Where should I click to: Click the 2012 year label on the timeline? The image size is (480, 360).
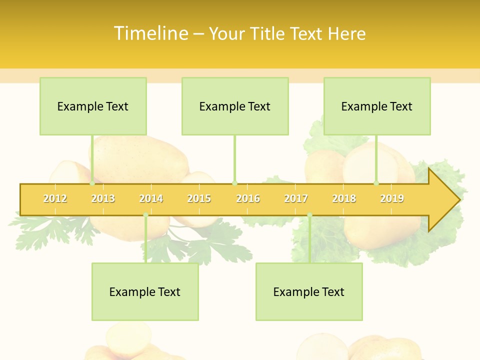(55, 198)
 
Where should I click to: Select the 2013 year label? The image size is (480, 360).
(103, 198)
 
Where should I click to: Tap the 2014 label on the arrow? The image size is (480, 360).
(151, 198)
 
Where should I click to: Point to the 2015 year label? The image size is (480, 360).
(199, 198)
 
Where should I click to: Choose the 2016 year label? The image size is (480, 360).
(248, 198)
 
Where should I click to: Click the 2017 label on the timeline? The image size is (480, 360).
(296, 198)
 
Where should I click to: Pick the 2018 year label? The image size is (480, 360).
(344, 198)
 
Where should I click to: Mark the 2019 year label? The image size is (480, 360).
(392, 198)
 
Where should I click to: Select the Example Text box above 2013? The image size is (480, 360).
(93, 106)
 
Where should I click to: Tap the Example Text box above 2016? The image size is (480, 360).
(235, 106)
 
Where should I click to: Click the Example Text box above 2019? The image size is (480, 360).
(377, 106)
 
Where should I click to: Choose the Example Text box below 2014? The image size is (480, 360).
(145, 291)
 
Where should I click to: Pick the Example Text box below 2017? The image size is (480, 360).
(309, 291)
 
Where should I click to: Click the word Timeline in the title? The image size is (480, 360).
(150, 33)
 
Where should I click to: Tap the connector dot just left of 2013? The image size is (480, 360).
(92, 183)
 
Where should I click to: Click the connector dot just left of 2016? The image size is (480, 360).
(234, 183)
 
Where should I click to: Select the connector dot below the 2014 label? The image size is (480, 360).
(145, 215)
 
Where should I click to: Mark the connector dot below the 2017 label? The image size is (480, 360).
(309, 215)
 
